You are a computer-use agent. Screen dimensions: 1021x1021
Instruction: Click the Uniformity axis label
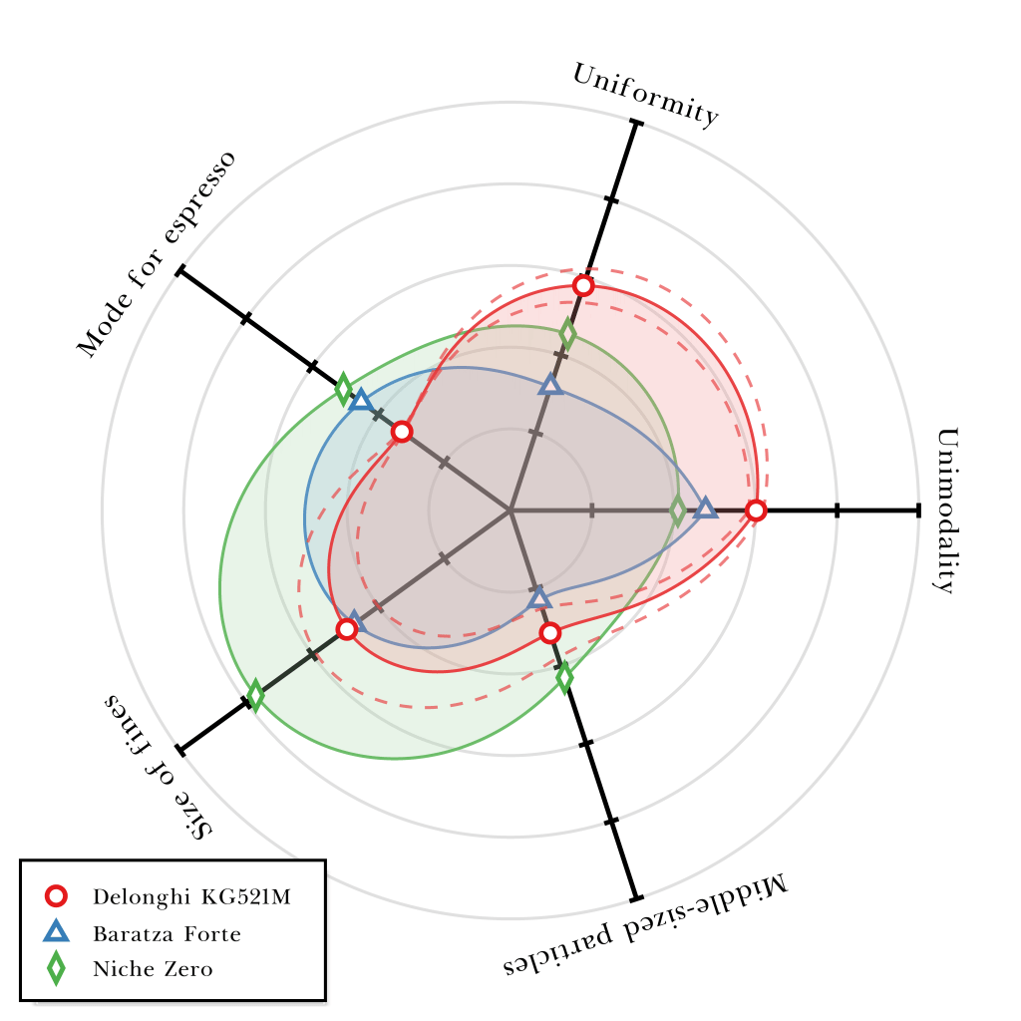645,96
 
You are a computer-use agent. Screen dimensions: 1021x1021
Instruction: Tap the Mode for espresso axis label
157,254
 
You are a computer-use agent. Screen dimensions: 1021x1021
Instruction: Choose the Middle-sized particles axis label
645,925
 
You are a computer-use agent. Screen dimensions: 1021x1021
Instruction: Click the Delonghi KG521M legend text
191,896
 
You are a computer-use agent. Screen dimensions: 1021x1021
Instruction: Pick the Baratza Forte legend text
167,934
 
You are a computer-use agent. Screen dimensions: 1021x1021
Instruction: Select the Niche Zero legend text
153,969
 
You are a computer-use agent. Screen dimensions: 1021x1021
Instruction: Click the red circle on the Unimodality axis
756,510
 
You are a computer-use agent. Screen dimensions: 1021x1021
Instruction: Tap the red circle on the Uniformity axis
584,286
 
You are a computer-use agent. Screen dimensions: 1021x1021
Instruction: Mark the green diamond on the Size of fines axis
255,695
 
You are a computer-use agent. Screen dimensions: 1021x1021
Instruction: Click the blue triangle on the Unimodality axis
705,509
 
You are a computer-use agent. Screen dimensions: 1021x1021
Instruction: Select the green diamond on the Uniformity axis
567,333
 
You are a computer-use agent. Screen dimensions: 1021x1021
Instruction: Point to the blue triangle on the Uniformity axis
551,385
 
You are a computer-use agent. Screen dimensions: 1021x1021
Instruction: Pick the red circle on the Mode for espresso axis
402,432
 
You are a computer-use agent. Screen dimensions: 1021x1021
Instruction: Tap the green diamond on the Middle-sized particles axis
564,677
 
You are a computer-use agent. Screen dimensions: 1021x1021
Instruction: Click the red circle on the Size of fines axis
346,629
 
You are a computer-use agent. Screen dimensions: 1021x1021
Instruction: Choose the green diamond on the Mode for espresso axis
343,389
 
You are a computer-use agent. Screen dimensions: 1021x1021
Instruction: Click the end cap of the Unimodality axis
917,510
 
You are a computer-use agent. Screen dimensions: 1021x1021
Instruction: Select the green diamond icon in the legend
57,968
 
